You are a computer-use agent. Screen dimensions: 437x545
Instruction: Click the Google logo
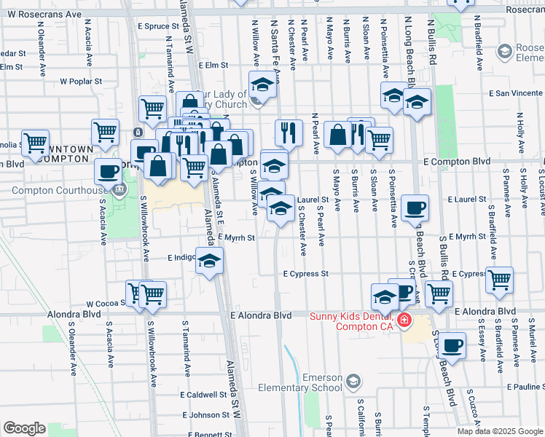pos(25,428)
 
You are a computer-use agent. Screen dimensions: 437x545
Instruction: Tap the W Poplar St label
pos(79,82)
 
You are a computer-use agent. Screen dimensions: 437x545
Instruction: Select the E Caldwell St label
pos(203,395)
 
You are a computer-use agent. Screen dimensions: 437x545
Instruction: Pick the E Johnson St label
pos(206,415)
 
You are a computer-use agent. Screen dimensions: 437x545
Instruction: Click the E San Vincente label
pos(515,93)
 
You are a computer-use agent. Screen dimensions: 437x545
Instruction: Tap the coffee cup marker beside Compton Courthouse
pos(108,172)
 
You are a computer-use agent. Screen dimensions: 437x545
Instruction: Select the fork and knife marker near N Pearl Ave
pos(289,132)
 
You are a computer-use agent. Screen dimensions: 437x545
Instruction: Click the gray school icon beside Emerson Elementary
pos(353,382)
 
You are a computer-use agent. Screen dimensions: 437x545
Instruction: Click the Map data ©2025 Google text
pos(500,431)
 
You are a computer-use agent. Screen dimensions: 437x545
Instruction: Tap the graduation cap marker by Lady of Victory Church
pos(262,85)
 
